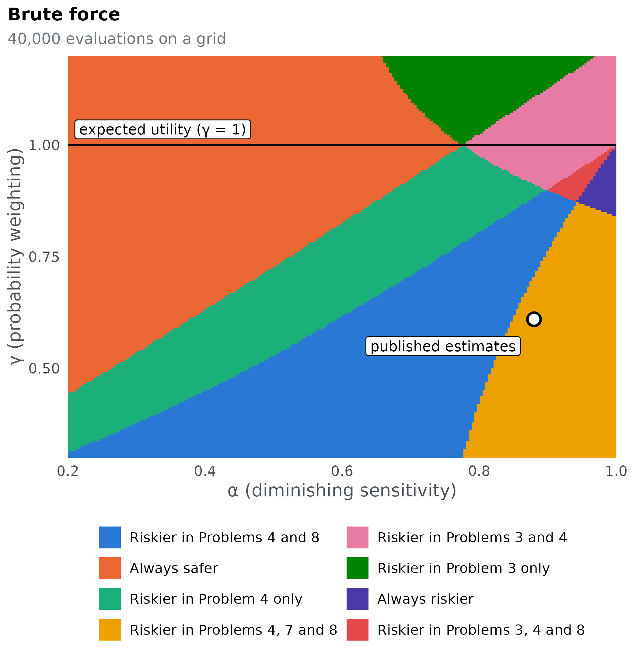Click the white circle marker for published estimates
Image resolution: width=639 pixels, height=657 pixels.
pos(534,319)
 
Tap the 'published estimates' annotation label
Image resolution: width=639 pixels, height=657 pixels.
pos(443,346)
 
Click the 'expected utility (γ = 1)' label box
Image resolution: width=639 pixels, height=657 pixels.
pos(163,130)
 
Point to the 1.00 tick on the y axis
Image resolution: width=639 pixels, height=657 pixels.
pos(44,146)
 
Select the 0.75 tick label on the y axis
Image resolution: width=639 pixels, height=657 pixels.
pos(44,257)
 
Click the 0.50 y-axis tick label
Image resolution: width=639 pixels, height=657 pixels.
pos(44,369)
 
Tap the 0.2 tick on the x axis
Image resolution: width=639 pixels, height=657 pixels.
pos(68,471)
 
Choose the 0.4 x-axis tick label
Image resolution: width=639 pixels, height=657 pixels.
pos(205,471)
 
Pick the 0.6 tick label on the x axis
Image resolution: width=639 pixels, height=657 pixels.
pos(342,471)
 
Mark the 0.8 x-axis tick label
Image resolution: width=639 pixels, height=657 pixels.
pos(479,471)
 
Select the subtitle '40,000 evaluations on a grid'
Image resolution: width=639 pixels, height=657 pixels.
pos(117,39)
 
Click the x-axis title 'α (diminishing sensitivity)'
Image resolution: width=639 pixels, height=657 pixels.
pos(342,491)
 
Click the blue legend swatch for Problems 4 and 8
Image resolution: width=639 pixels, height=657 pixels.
pos(110,537)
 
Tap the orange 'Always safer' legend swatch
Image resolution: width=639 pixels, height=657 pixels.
pos(110,568)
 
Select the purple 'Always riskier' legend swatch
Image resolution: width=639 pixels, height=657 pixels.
pos(358,599)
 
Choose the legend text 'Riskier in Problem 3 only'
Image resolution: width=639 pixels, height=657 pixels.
pos(463,568)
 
